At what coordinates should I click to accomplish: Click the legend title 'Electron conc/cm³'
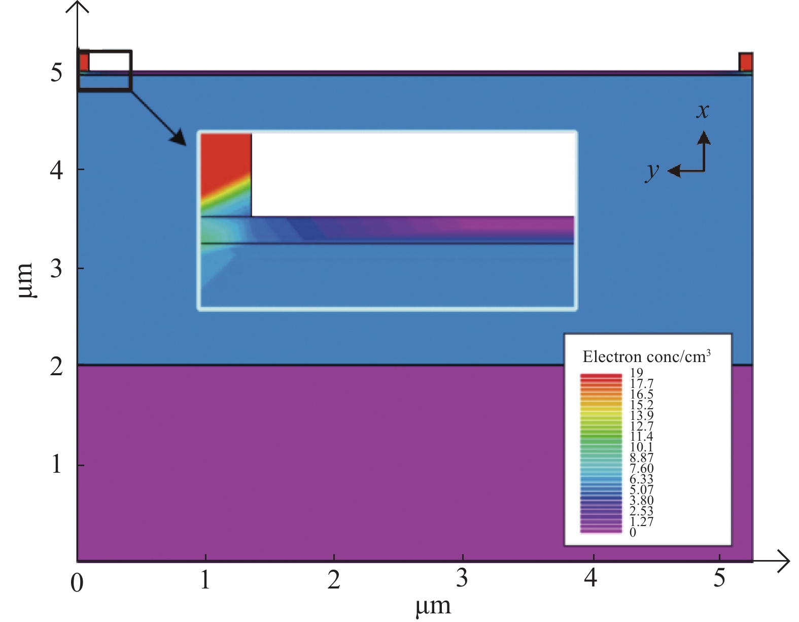pyautogui.click(x=646, y=356)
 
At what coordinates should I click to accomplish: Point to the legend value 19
pyautogui.click(x=637, y=373)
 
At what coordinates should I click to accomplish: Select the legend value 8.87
pyautogui.click(x=642, y=458)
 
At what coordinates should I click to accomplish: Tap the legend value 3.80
pyautogui.click(x=642, y=500)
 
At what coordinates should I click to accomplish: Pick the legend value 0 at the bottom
pyautogui.click(x=633, y=532)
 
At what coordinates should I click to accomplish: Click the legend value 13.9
pyautogui.click(x=642, y=415)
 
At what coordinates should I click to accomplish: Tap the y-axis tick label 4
pyautogui.click(x=56, y=171)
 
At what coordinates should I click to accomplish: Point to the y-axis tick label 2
pyautogui.click(x=56, y=366)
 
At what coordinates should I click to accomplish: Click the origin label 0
pyautogui.click(x=77, y=582)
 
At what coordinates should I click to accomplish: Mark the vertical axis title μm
pyautogui.click(x=26, y=280)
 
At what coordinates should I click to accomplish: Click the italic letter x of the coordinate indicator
pyautogui.click(x=703, y=111)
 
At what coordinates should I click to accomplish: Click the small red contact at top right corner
pyautogui.click(x=746, y=62)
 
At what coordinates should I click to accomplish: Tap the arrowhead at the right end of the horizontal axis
pyautogui.click(x=784, y=561)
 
